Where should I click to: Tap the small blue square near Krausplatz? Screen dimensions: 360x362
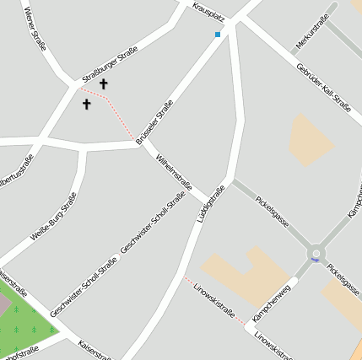[x=218, y=35]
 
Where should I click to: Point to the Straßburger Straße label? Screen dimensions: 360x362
[x=111, y=67]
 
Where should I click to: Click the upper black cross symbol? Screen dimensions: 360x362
[x=104, y=83]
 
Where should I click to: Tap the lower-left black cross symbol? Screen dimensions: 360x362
[x=86, y=104]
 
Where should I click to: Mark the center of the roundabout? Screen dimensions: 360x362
[x=316, y=252]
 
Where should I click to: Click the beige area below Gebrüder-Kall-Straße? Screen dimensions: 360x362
[x=311, y=139]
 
